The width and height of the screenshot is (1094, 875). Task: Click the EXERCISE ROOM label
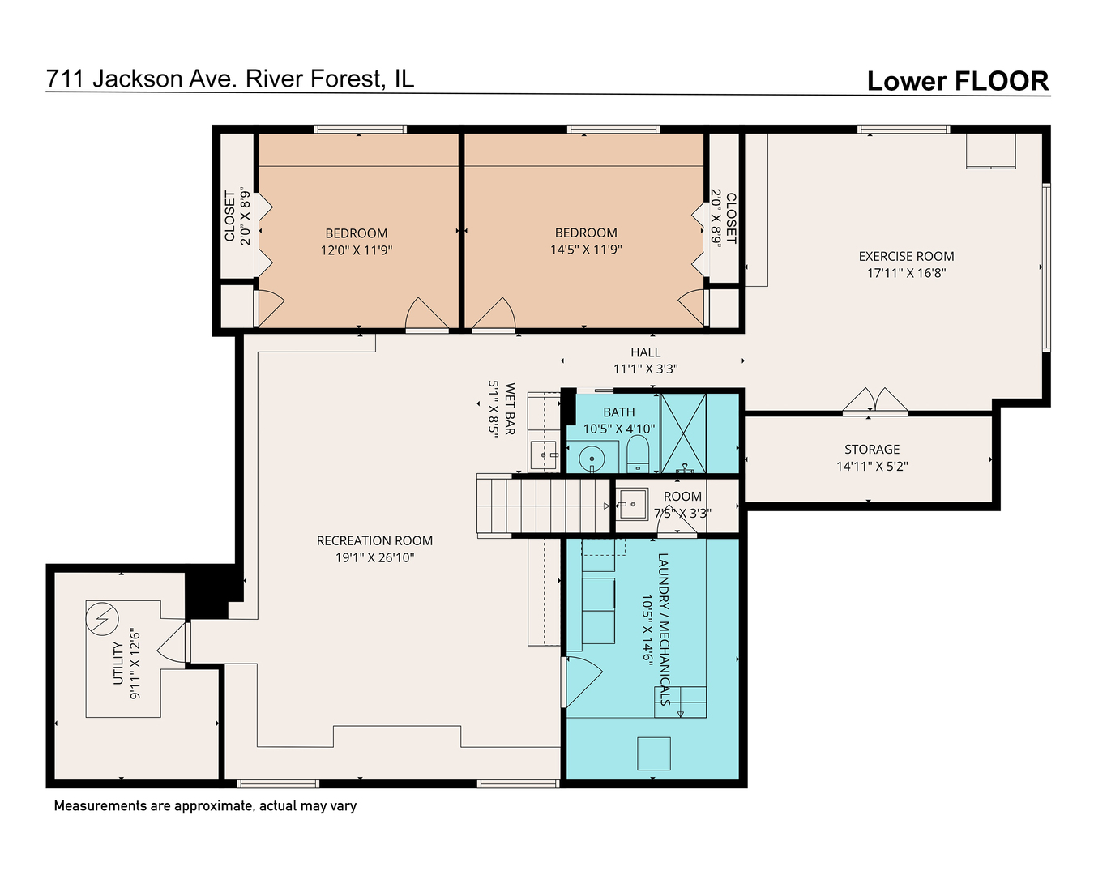906,256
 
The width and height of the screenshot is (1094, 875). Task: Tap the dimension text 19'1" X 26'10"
374,557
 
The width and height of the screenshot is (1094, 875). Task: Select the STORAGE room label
872,449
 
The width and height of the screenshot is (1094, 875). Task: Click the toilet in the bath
639,455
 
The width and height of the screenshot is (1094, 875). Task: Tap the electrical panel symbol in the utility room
101,620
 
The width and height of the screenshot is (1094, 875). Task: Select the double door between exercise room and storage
875,403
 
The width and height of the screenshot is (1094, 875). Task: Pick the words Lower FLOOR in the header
957,81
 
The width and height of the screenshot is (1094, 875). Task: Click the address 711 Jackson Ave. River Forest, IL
230,79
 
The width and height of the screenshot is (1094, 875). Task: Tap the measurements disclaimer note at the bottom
205,805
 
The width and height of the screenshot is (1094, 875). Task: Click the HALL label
645,352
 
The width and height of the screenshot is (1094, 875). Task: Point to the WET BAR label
510,409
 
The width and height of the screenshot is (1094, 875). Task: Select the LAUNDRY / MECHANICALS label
663,629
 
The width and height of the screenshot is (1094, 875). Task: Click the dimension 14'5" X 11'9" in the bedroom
586,250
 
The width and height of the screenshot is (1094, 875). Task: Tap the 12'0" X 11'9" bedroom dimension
357,250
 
